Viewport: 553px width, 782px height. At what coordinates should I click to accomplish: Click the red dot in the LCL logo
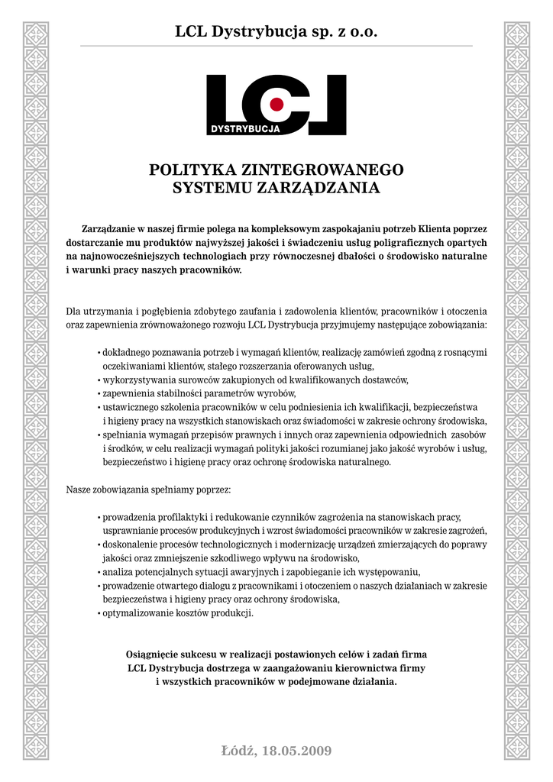coord(277,104)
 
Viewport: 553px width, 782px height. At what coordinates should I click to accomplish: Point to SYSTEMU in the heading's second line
coord(212,189)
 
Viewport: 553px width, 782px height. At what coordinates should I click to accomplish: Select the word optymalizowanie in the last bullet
coord(136,613)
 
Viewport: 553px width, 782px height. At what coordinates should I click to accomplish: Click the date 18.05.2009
coord(297,751)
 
